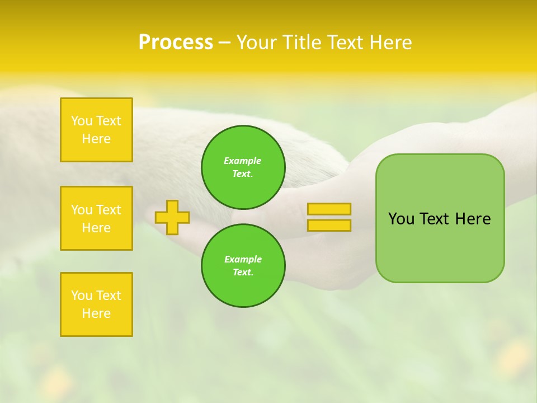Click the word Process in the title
[x=176, y=43]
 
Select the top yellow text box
[x=96, y=130]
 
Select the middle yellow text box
[x=96, y=218]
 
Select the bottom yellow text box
[x=96, y=304]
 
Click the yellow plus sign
[x=172, y=217]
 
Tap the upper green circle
[x=243, y=167]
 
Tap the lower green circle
[x=243, y=266]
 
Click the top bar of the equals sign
[x=329, y=209]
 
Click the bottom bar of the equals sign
[x=329, y=225]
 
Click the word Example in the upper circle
[x=243, y=161]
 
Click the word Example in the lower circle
[x=243, y=259]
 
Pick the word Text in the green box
[x=435, y=219]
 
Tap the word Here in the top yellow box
[x=96, y=139]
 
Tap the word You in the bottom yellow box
[x=81, y=296]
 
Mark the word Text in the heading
[x=345, y=43]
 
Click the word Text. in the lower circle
[x=243, y=273]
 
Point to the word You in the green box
[x=401, y=219]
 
